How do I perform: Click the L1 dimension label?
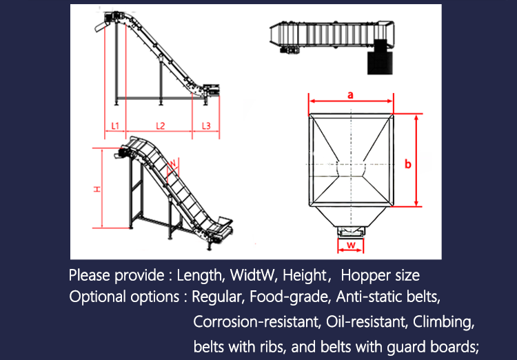(115, 126)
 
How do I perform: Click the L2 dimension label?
(160, 126)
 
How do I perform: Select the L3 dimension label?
(206, 126)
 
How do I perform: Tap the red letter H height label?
(97, 189)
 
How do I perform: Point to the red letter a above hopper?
(350, 95)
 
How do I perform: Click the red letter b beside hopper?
(408, 163)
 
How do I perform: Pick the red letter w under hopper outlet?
(351, 245)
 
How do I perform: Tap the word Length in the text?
(199, 275)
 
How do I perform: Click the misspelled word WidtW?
(252, 275)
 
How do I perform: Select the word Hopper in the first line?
(362, 276)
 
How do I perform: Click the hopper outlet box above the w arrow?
(350, 232)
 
